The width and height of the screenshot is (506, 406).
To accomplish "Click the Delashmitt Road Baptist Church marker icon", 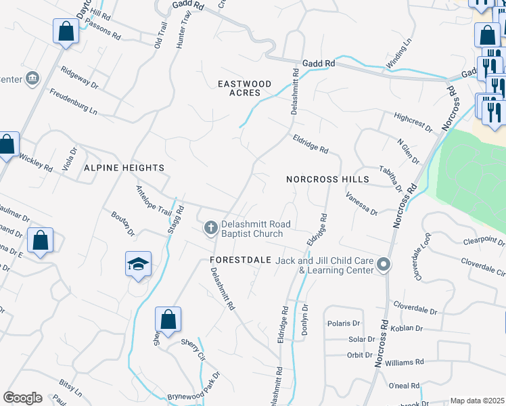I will coord(210,229).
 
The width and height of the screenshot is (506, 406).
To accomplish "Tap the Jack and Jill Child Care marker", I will coord(384,265).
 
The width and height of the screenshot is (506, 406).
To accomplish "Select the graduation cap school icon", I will coord(138,265).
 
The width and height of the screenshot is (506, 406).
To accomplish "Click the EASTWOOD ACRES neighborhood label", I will coord(244,88).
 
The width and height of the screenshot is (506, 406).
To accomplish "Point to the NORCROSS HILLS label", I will coord(327,179).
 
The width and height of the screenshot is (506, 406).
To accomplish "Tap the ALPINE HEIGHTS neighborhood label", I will coord(124,167).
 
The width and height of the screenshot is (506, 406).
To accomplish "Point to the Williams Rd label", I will coord(404,363).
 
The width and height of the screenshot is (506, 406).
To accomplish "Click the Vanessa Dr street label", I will coord(361,204).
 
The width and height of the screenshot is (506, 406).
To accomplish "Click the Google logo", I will coord(22,398).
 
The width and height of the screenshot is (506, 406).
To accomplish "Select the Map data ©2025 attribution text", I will coord(477,401).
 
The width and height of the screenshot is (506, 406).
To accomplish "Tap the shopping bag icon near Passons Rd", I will coord(66,30).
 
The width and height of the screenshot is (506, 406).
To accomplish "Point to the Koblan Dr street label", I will coord(407,328).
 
